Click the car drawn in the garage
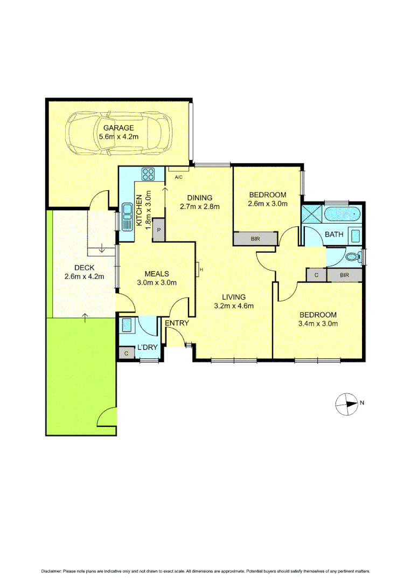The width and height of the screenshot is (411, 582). click(x=119, y=133)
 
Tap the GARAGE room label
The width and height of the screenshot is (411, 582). click(x=119, y=128)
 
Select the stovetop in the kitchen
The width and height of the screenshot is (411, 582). click(x=149, y=174)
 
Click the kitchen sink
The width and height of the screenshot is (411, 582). click(x=128, y=216)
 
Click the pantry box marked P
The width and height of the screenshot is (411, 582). click(x=159, y=230)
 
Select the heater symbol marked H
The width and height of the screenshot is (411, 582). click(x=200, y=269)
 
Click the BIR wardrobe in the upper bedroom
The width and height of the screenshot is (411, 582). click(x=255, y=238)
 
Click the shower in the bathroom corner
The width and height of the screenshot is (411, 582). click(x=311, y=214)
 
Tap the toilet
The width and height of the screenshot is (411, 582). click(x=353, y=257)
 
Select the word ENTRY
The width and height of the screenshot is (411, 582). click(x=177, y=323)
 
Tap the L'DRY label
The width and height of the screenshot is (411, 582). click(x=147, y=347)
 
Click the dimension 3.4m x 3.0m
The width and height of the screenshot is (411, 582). click(x=318, y=324)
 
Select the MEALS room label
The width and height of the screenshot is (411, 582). click(x=157, y=274)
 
